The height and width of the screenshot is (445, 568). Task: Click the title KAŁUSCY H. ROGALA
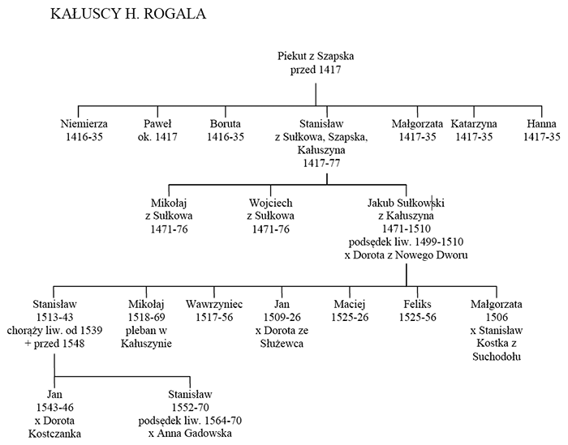(x=128, y=14)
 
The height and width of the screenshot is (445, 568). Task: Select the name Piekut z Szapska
(x=316, y=56)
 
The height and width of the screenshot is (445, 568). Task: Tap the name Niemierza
(x=84, y=124)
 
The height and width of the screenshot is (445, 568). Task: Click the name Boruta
(x=226, y=124)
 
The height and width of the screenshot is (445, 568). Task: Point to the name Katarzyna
(x=474, y=124)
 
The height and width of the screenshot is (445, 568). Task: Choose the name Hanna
(x=541, y=124)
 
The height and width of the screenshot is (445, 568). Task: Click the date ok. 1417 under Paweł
(x=157, y=137)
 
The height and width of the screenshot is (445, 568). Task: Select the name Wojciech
(x=270, y=203)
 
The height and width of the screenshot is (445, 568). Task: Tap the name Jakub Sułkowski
(x=406, y=203)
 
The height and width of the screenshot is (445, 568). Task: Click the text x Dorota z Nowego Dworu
(x=406, y=255)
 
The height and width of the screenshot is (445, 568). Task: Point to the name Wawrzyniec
(x=214, y=304)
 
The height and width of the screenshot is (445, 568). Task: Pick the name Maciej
(x=350, y=304)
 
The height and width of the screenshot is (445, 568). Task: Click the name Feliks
(x=417, y=304)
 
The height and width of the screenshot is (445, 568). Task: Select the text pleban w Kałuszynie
(x=146, y=337)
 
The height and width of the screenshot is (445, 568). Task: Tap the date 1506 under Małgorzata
(x=497, y=317)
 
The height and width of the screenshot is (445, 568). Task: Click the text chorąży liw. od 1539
(x=54, y=331)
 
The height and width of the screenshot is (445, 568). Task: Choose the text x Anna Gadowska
(x=190, y=434)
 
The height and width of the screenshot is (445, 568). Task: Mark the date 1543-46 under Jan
(x=54, y=408)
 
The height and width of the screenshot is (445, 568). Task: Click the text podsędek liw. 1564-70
(x=190, y=421)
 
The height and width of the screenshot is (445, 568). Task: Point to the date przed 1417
(x=316, y=70)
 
